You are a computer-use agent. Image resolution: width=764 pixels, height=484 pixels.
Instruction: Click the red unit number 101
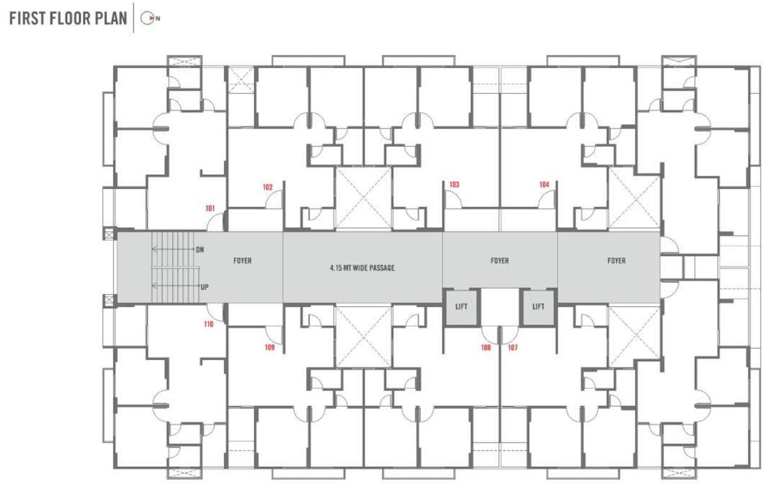pyautogui.click(x=210, y=208)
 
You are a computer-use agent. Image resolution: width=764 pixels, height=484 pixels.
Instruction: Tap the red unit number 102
pyautogui.click(x=268, y=187)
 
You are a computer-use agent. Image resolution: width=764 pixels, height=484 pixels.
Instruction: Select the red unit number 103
pyautogui.click(x=454, y=185)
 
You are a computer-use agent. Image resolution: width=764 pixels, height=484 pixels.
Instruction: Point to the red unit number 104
pyautogui.click(x=544, y=185)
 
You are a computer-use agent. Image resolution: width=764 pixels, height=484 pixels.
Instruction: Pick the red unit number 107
pyautogui.click(x=512, y=347)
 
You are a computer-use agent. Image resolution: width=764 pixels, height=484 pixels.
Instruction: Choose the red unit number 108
pyautogui.click(x=486, y=347)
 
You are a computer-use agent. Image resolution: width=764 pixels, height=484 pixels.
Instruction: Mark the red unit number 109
pyautogui.click(x=270, y=347)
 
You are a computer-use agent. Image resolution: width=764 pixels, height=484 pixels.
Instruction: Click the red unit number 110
pyautogui.click(x=208, y=325)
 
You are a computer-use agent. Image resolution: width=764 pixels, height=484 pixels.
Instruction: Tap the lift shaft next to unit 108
pyautogui.click(x=461, y=307)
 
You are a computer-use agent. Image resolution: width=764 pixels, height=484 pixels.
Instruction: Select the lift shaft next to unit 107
pyautogui.click(x=538, y=307)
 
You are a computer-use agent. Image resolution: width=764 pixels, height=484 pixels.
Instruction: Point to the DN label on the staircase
pyautogui.click(x=200, y=250)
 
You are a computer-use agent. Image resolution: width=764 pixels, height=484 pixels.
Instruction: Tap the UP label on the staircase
pyautogui.click(x=204, y=287)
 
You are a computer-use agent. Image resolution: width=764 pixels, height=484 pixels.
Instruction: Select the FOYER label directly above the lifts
pyautogui.click(x=499, y=261)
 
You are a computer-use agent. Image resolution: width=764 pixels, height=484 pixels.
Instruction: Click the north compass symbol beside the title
pyautogui.click(x=147, y=18)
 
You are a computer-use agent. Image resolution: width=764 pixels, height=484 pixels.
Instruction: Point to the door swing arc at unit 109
pyautogui.click(x=273, y=334)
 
